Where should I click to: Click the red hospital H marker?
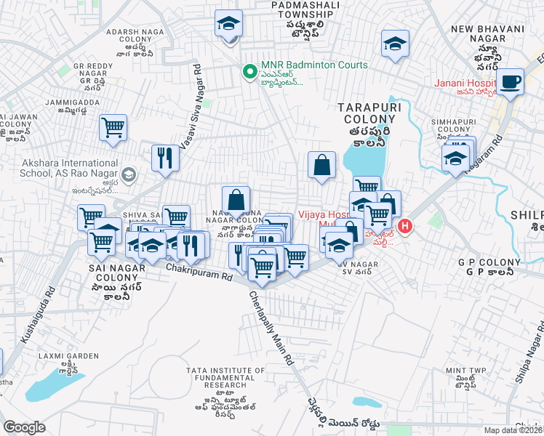pos(403,227)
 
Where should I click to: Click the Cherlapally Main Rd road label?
pos(272,327)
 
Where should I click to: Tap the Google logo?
pos(24,427)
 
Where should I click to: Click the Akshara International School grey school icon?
pos(129,174)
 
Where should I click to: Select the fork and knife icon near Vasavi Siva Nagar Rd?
pos(165,158)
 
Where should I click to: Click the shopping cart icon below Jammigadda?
pos(113,128)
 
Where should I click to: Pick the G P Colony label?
pos(486,262)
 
